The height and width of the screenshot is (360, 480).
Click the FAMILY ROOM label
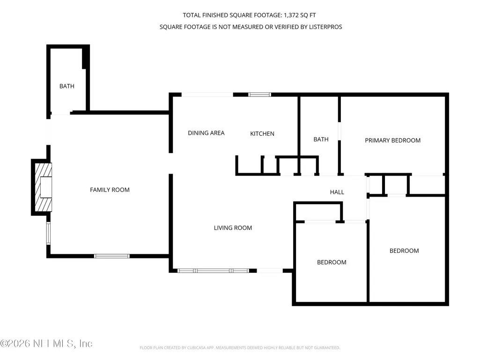[110, 190]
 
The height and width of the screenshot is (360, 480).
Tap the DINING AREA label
[206, 133]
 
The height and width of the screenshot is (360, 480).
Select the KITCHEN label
[262, 133]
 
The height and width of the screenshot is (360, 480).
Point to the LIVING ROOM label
[233, 228]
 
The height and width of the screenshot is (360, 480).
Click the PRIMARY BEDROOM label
[392, 140]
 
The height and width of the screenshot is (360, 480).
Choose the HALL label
[337, 192]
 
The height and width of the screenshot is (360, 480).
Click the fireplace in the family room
[42, 187]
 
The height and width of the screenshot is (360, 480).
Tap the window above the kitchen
[259, 95]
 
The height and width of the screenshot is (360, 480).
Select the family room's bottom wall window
[112, 256]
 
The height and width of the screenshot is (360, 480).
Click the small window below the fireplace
[48, 233]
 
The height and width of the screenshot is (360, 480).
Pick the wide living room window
[213, 271]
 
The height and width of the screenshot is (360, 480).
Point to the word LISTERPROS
[325, 27]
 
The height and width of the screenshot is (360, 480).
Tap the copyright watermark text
[46, 344]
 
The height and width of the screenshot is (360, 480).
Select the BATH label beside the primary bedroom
[321, 140]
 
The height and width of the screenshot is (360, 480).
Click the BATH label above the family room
[67, 86]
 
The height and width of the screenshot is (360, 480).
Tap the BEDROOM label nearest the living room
[332, 262]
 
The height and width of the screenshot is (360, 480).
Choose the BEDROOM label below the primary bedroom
[404, 251]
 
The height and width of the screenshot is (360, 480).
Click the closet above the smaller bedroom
[318, 212]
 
